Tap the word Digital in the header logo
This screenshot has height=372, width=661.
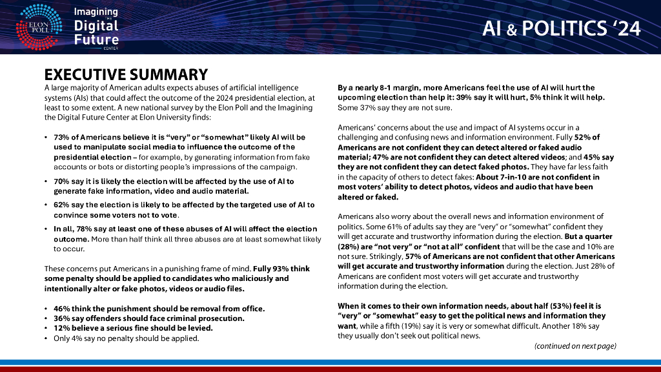click(96, 25)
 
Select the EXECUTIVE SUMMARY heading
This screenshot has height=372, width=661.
click(126, 75)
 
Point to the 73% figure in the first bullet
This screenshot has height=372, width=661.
click(62, 138)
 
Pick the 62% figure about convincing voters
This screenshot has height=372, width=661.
click(62, 205)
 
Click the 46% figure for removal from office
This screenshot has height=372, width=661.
click(62, 309)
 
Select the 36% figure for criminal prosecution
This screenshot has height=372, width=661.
click(62, 318)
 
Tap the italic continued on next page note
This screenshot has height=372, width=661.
click(575, 346)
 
